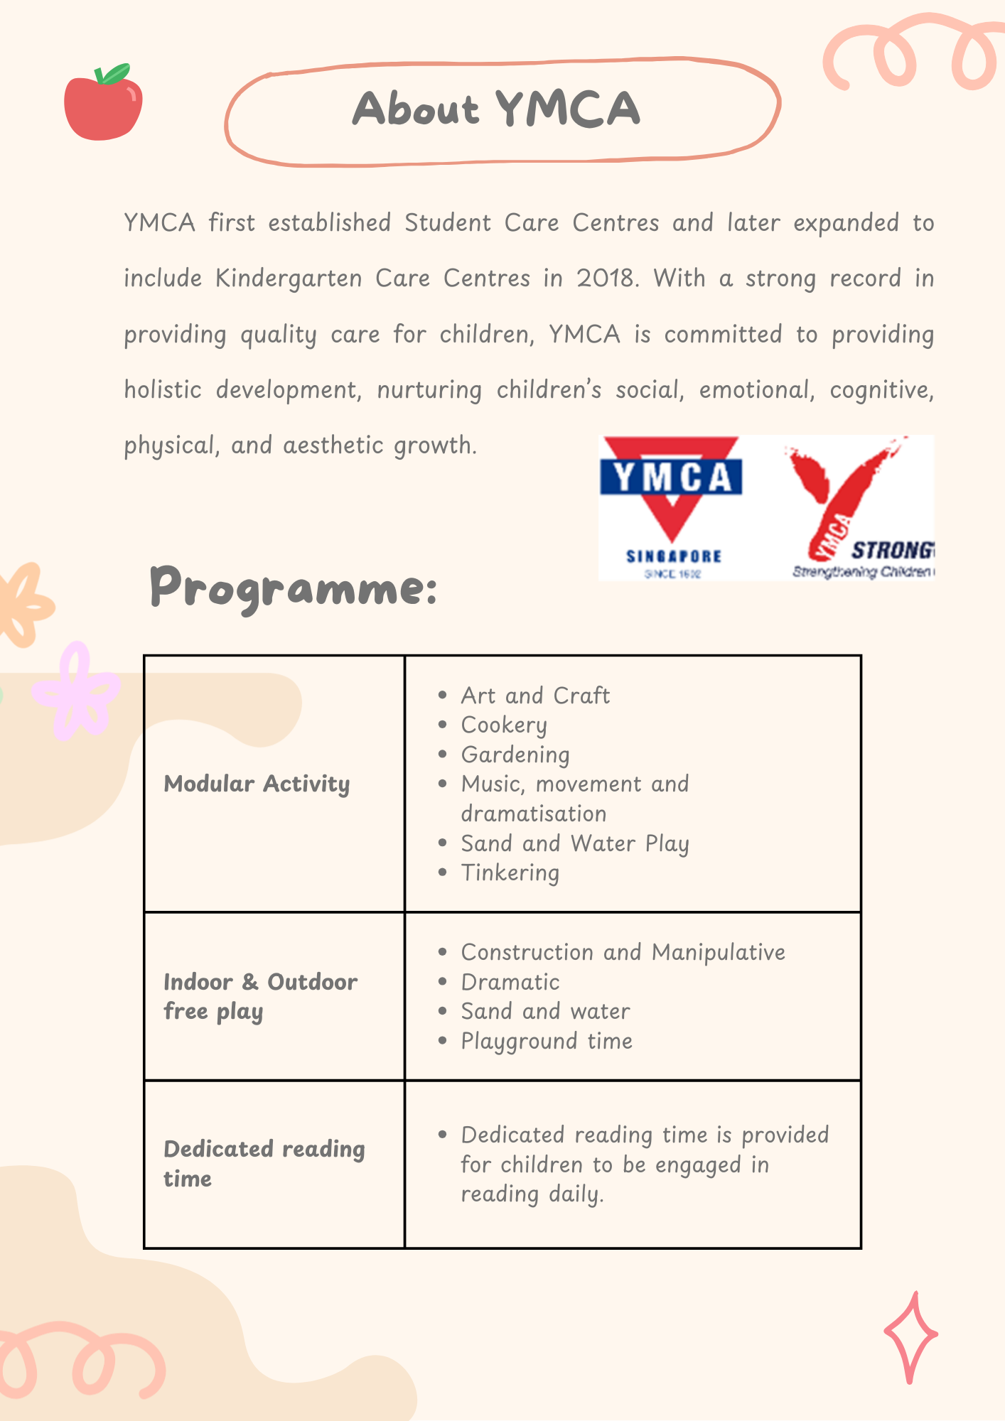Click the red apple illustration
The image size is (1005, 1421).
[x=102, y=107]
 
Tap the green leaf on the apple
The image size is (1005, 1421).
[x=114, y=74]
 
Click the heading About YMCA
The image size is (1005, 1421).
[x=497, y=109]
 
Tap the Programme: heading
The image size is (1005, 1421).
[x=293, y=588]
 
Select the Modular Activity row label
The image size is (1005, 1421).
[x=257, y=784]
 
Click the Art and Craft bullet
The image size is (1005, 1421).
[x=535, y=696]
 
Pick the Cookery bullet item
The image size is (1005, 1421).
[x=504, y=725]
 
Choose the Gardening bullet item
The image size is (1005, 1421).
[x=515, y=755]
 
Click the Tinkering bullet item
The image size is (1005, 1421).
[x=510, y=872]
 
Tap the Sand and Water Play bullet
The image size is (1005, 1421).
[x=575, y=843]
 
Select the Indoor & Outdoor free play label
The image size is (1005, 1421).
[x=260, y=996]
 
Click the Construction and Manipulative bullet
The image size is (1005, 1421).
[x=623, y=952]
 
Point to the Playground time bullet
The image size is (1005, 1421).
[x=547, y=1041]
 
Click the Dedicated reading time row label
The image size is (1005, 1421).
[x=264, y=1163]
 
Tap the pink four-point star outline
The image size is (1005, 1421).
[x=910, y=1337]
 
